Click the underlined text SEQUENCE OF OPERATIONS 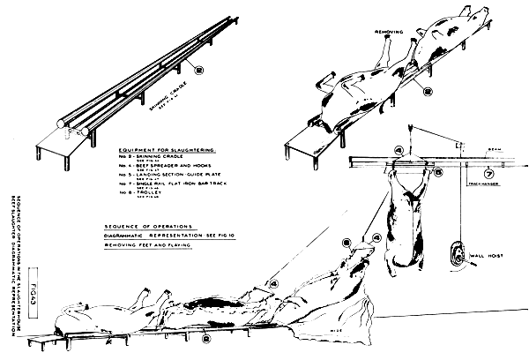click(x=159, y=225)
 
